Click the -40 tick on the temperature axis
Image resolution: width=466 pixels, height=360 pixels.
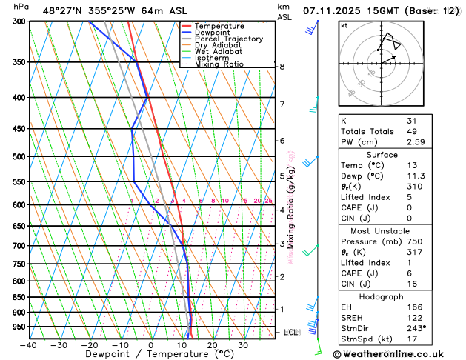[x=29, y=345]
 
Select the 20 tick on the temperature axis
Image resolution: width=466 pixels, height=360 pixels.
[x=212, y=345]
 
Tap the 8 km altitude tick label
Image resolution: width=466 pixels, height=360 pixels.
[x=282, y=67]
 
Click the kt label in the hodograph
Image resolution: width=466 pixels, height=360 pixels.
[x=344, y=25]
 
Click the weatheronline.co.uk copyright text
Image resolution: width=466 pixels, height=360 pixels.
[x=398, y=355]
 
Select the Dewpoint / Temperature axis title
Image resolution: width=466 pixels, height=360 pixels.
[x=150, y=355]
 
